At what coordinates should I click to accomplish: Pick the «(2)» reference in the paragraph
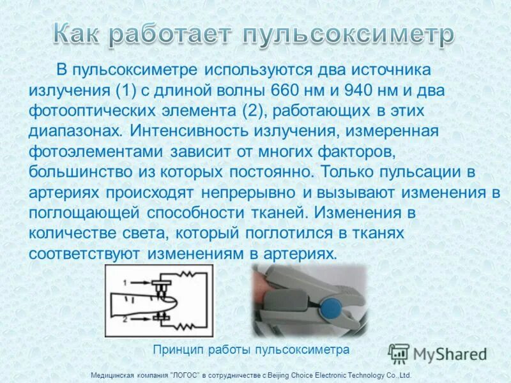[256, 110]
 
